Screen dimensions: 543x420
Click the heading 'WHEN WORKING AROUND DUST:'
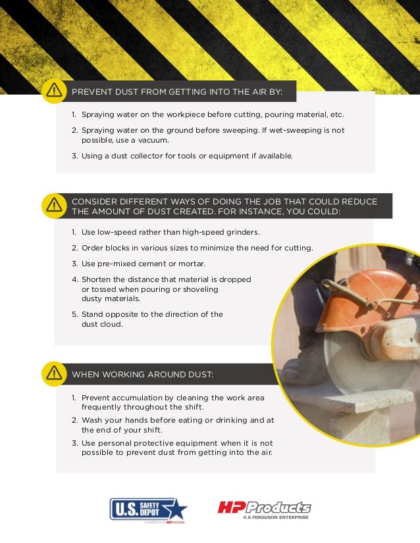point(142,375)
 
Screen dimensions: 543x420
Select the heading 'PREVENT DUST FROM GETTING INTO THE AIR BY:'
point(176,91)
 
